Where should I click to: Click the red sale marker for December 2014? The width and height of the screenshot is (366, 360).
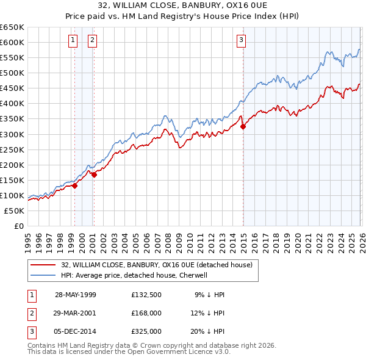coord(243,127)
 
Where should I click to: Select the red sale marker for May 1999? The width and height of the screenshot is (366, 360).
coord(74,186)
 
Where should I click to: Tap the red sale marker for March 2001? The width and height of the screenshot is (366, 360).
coord(94,175)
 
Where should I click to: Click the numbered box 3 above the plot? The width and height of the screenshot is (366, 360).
coord(241,41)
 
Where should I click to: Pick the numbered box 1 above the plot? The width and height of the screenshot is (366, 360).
coord(73,41)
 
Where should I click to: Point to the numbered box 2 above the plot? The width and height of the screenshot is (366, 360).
coord(92,41)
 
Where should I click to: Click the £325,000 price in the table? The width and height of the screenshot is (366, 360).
coord(146,331)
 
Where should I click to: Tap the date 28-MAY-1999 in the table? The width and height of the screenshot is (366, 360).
coord(75,295)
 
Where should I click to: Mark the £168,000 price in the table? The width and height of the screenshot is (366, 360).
coord(146,313)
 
